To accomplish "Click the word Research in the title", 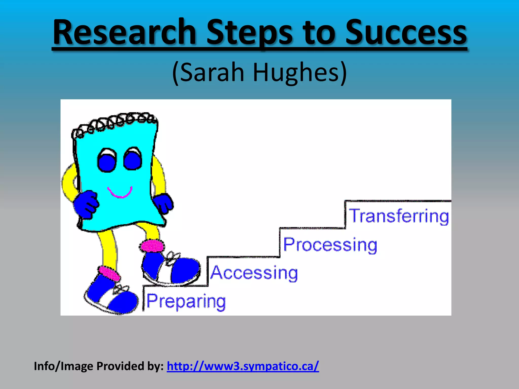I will (x=124, y=32).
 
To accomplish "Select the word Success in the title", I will (x=406, y=32).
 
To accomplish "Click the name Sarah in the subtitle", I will (x=212, y=72).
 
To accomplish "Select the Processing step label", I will (x=330, y=245).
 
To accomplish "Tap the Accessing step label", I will (x=254, y=273).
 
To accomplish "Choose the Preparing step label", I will (x=186, y=301).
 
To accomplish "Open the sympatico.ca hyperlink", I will (x=243, y=366).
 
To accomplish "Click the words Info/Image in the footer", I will (x=64, y=366).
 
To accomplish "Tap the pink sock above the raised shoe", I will (x=152, y=246).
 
